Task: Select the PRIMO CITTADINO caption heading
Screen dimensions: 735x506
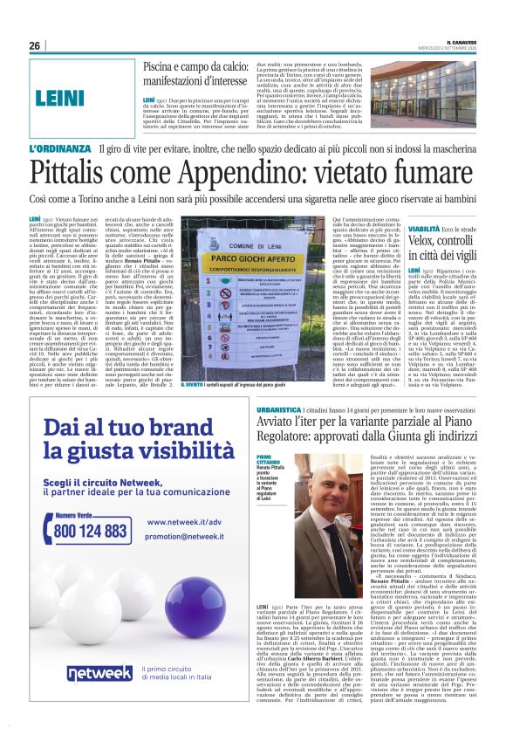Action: (270, 459)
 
